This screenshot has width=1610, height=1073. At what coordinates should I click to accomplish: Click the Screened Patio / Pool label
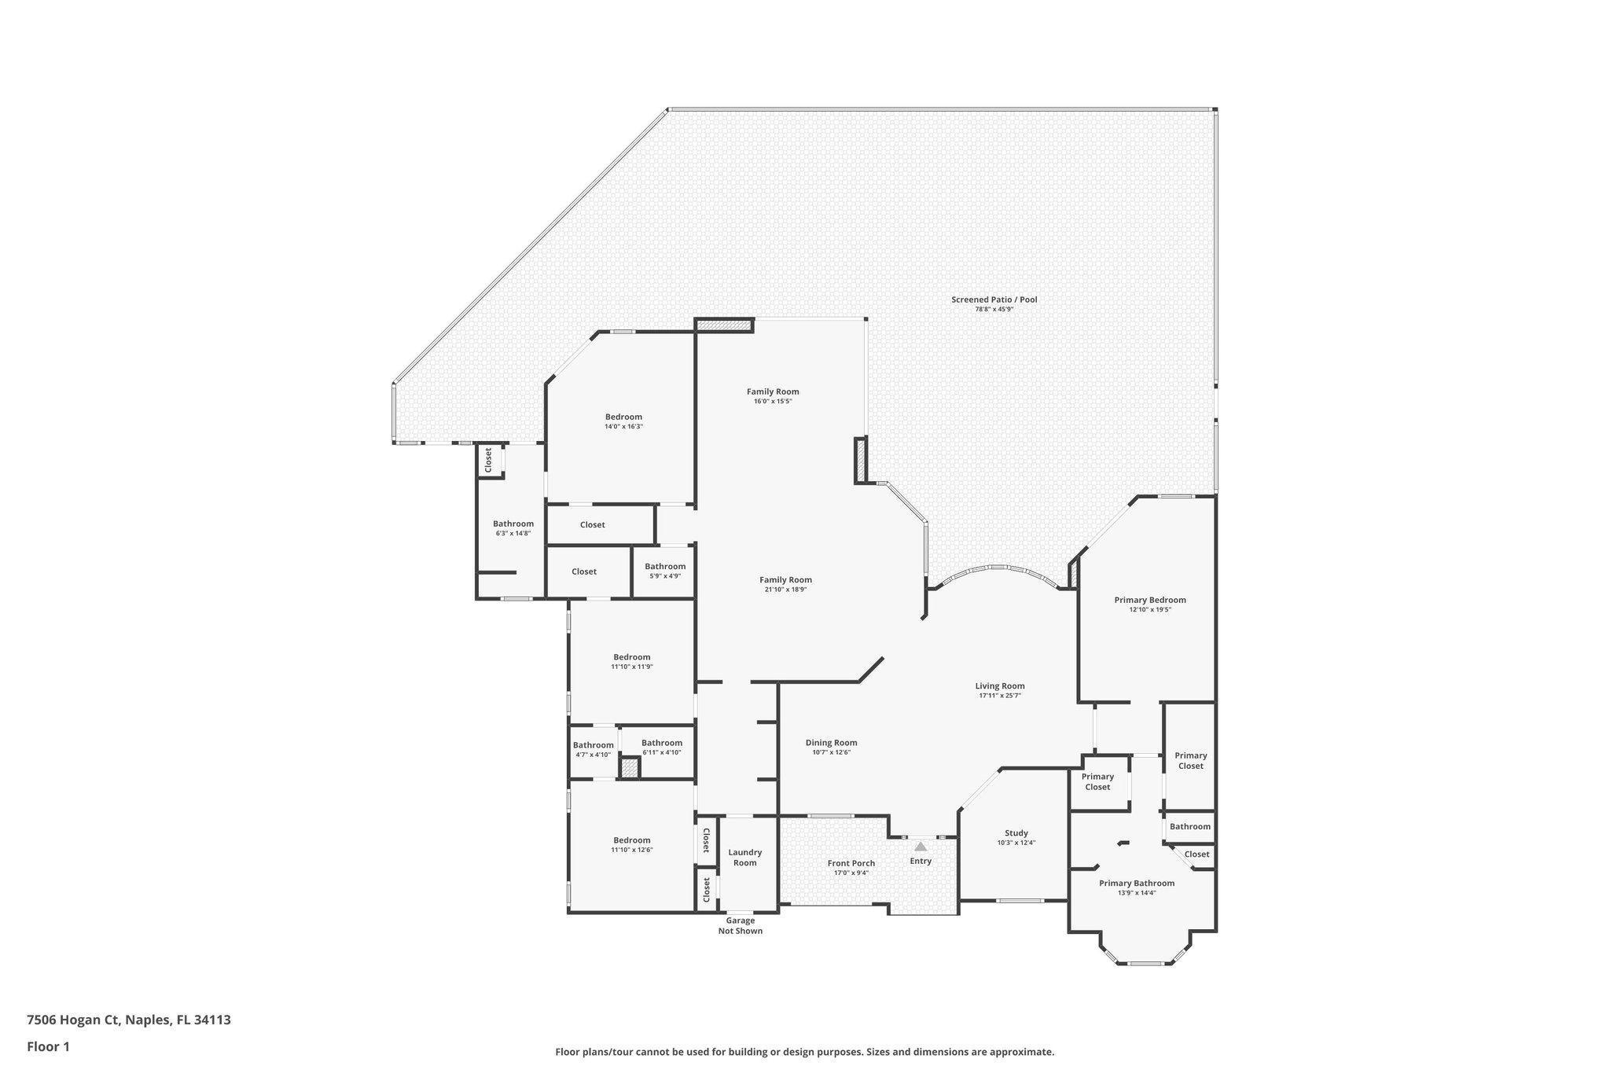tap(994, 299)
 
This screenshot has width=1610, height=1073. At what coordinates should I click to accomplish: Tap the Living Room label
tap(1000, 686)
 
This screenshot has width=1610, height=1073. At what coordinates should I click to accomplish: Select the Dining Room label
tap(831, 743)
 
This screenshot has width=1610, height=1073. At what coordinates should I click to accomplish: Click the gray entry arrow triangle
tap(921, 847)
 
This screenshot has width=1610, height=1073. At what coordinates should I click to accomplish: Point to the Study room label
tap(1016, 833)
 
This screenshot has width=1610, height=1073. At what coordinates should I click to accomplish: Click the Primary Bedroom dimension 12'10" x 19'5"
tap(1150, 610)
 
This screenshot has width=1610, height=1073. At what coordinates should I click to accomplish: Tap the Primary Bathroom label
tap(1136, 883)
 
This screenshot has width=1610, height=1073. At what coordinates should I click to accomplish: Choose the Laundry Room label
tap(744, 858)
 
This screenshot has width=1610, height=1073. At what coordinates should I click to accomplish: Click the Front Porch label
tap(851, 863)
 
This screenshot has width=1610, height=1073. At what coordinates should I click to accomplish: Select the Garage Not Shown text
tap(740, 926)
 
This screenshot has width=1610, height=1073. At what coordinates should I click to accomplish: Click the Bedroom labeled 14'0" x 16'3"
tap(623, 417)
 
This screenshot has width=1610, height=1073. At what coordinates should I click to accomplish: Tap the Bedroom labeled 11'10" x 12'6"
tap(632, 840)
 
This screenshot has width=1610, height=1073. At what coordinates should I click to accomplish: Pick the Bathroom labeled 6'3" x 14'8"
tap(513, 524)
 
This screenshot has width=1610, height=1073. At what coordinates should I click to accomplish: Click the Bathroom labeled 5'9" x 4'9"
tap(665, 567)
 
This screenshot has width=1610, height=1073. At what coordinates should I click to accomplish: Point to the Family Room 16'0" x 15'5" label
tap(773, 391)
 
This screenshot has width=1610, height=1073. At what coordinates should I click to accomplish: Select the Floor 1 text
tap(49, 1046)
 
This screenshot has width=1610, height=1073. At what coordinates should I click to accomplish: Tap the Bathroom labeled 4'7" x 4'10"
tap(593, 745)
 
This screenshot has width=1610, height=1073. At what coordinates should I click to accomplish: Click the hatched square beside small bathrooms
tap(630, 768)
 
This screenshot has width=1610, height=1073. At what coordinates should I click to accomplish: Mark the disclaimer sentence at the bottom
tap(804, 1052)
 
